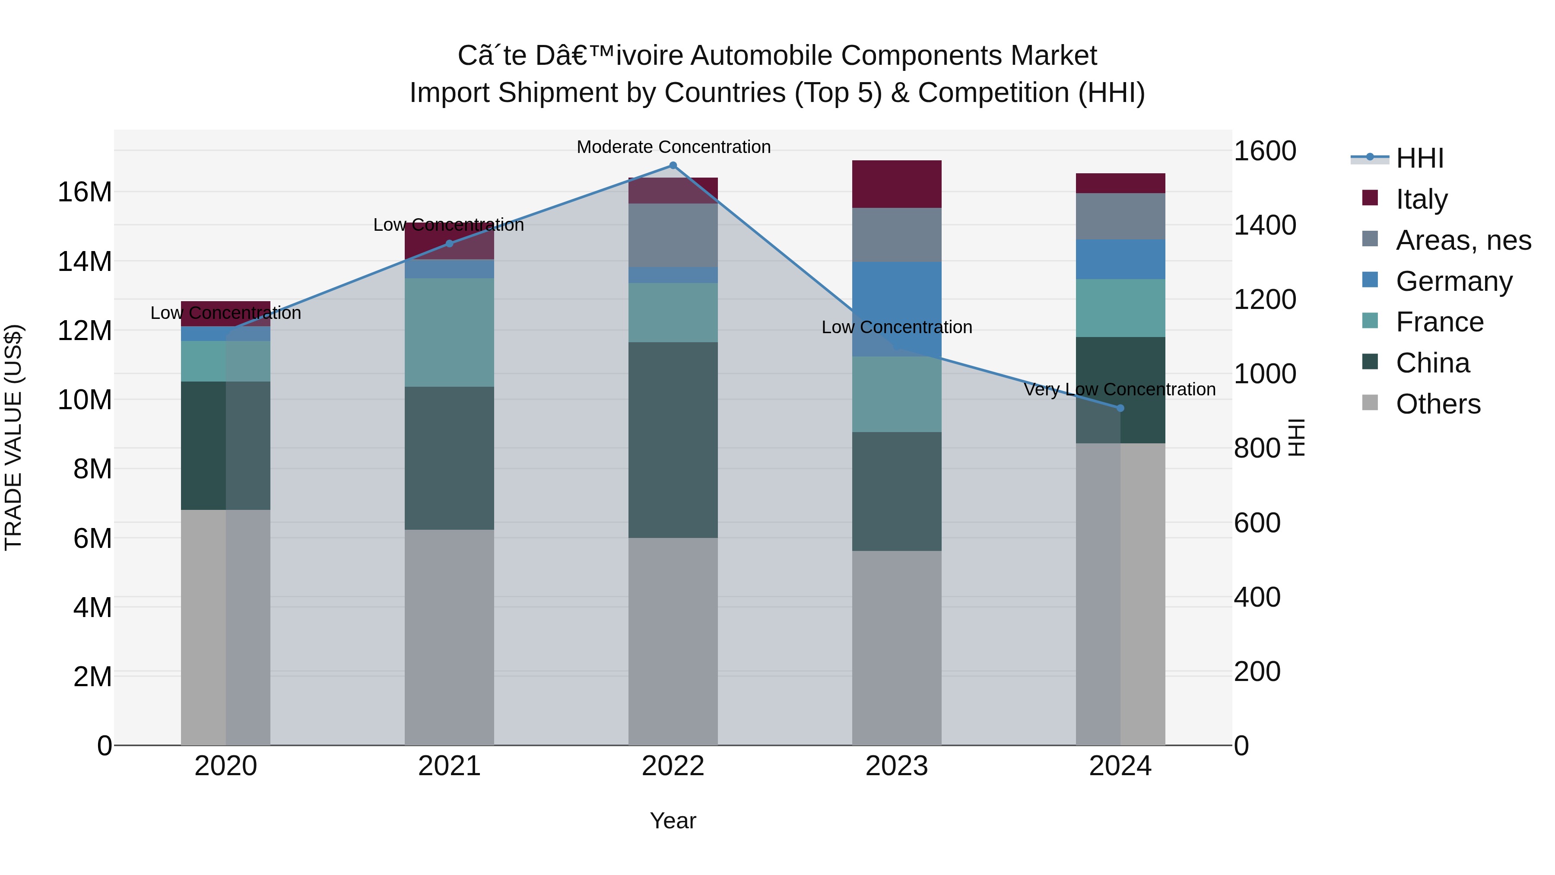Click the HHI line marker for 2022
[673, 165]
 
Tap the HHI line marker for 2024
[1120, 408]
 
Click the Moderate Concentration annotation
[674, 147]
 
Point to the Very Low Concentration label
[1120, 389]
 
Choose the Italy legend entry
[1422, 199]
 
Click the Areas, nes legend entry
[1463, 240]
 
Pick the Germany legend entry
[1453, 281]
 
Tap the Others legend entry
[1438, 404]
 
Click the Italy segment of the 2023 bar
[896, 184]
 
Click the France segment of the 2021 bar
[449, 332]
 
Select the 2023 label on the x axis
[896, 766]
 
